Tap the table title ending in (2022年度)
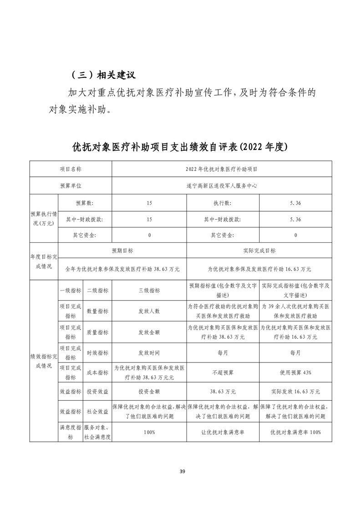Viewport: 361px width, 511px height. [x=180, y=147]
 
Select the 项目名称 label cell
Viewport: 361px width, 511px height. [x=71, y=169]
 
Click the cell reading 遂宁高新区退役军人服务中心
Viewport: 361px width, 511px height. [x=222, y=185]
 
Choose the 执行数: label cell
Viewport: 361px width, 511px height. [x=222, y=203]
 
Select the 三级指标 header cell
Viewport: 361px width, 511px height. [x=149, y=290]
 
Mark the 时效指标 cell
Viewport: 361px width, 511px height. [x=97, y=353]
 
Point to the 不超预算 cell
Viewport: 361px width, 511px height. [x=222, y=373]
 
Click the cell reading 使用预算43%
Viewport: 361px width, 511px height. [x=295, y=373]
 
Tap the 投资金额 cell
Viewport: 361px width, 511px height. [x=149, y=392]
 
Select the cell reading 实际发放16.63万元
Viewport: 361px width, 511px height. [x=295, y=392]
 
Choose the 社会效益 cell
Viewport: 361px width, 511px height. [x=97, y=411]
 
